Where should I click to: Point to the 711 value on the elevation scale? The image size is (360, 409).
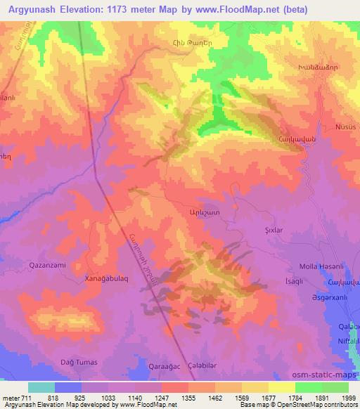pos(18,397)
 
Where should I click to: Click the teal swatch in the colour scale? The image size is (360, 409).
pos(41,387)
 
